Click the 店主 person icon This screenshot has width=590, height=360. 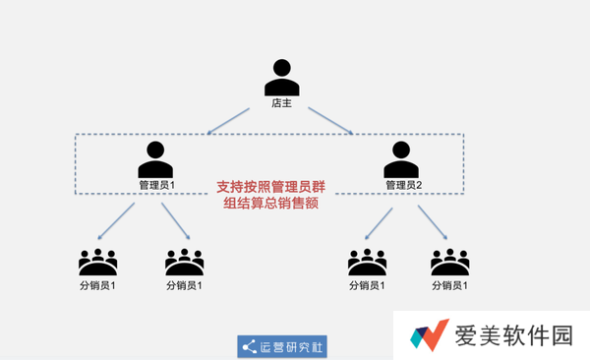point(282,78)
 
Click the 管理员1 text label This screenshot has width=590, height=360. point(156,185)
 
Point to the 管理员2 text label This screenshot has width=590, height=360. point(403,185)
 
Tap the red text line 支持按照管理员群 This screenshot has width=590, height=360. point(276,185)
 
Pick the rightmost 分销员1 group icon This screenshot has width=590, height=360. point(449,263)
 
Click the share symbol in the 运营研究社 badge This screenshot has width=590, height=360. point(249,347)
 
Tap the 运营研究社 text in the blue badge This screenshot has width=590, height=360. point(291,347)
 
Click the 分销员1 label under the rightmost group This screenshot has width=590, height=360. point(449,286)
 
